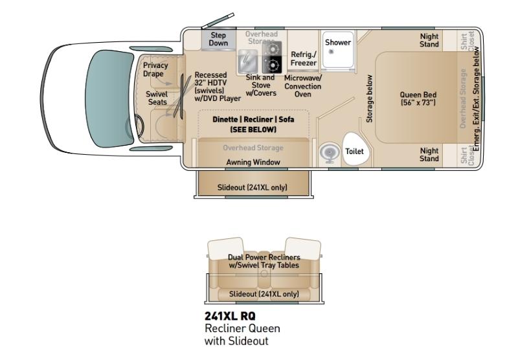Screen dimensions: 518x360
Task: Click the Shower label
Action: point(337,42)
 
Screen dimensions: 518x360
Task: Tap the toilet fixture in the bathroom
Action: point(355,149)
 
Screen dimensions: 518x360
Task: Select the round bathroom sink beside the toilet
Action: point(329,153)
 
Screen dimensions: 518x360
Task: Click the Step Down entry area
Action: point(218,39)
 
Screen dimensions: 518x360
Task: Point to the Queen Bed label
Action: point(418,99)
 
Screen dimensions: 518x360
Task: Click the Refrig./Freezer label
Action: point(303,58)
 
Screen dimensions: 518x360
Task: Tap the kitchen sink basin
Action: point(248,62)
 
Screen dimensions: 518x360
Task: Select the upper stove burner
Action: point(272,49)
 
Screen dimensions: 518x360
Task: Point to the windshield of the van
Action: point(108,98)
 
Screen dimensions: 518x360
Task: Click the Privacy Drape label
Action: point(155,70)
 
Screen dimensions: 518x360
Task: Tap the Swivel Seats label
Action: point(157,98)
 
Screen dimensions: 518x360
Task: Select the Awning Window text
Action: point(253,162)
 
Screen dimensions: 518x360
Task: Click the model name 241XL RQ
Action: point(230,316)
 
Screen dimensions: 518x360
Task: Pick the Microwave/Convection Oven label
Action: point(302,86)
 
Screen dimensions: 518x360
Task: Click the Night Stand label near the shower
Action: point(429,40)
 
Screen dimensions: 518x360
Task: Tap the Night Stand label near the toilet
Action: point(429,155)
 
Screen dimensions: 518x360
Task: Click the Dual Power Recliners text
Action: point(264,257)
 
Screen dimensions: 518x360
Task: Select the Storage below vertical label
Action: point(369,99)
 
